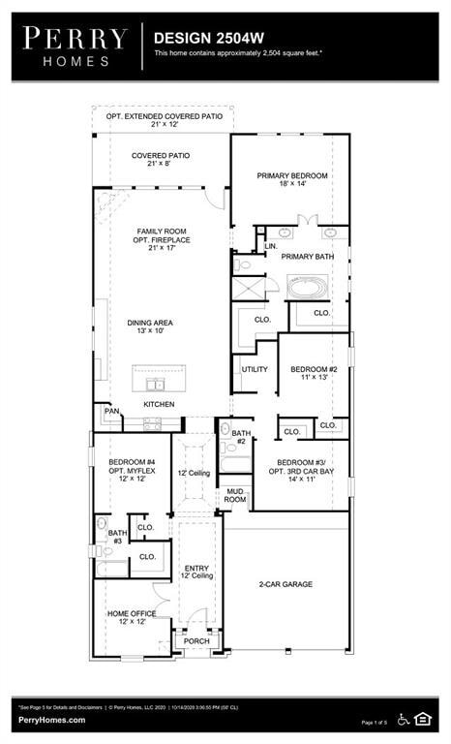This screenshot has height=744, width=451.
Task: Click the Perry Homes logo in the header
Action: [75, 46]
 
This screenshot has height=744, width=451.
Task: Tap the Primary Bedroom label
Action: [291, 179]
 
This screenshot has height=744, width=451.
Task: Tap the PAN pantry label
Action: [111, 412]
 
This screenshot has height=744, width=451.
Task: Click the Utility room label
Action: [255, 369]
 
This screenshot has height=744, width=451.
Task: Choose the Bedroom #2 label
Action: [314, 373]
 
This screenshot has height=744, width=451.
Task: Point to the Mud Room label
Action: [235, 495]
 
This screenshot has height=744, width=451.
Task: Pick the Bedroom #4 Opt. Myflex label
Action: [132, 470]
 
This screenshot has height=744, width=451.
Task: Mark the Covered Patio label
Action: [161, 160]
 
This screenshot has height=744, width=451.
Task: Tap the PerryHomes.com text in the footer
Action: [51, 720]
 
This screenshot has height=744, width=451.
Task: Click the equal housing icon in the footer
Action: [423, 718]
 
